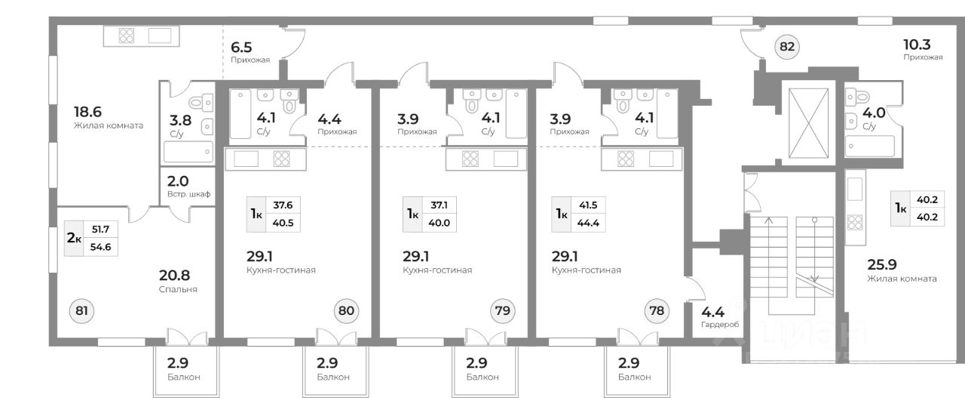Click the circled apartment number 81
tap(82, 310)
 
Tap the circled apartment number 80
tap(346, 310)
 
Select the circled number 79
tap(501, 310)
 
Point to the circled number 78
tap(657, 310)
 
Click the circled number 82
tap(787, 47)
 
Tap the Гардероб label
tap(720, 325)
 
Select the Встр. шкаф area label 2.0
tap(178, 181)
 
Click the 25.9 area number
tap(881, 264)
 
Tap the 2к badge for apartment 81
tap(74, 237)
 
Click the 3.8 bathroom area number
tap(181, 119)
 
